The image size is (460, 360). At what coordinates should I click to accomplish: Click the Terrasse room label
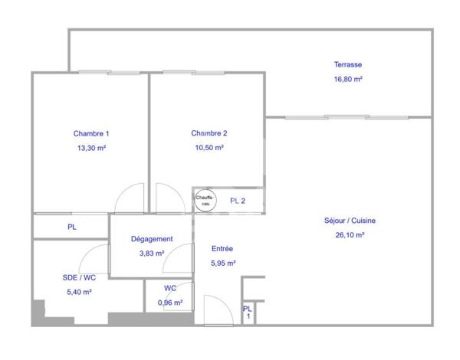[x=347, y=64]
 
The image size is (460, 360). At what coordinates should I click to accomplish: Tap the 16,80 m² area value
[x=347, y=78]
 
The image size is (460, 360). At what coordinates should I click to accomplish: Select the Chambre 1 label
[x=91, y=133]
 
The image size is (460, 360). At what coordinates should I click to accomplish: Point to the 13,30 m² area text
[x=91, y=148]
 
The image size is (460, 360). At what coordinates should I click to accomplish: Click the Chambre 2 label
[x=209, y=133]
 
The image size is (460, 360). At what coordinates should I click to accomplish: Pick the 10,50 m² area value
[x=209, y=148]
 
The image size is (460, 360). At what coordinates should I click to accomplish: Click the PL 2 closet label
[x=238, y=201]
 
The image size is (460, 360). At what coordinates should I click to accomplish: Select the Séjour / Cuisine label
[x=350, y=221]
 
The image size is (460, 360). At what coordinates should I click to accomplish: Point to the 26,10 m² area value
[x=350, y=235]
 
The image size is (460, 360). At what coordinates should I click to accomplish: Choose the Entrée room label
[x=222, y=249]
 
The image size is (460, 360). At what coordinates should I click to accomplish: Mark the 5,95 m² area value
[x=222, y=263]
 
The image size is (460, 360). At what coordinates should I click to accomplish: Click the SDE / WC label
[x=80, y=277]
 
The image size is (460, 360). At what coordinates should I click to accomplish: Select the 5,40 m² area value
[x=80, y=292]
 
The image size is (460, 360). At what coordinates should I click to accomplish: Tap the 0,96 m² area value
[x=169, y=303]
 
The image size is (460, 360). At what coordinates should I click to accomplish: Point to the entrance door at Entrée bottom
[x=217, y=313]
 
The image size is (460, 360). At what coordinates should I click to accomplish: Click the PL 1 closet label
[x=247, y=313]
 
